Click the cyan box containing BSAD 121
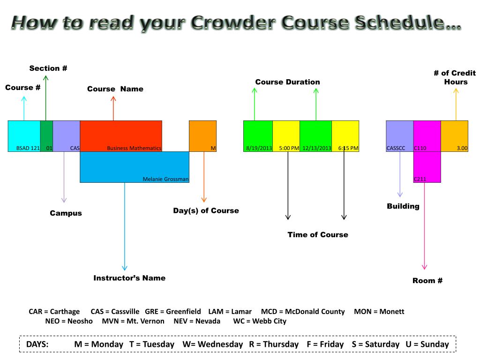click(x=24, y=136)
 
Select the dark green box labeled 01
click(x=46, y=136)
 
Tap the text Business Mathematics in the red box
click(x=134, y=148)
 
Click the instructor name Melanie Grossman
click(x=166, y=179)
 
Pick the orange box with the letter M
click(x=202, y=136)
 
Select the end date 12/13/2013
click(x=316, y=148)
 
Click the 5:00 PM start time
click(x=289, y=148)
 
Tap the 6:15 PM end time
click(x=348, y=148)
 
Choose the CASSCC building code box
click(x=399, y=136)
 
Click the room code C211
click(x=420, y=179)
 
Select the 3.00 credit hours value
click(x=455, y=136)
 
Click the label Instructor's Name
click(x=129, y=278)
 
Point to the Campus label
click(x=66, y=213)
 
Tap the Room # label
click(x=427, y=281)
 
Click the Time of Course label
click(x=318, y=235)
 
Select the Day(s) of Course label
click(x=206, y=211)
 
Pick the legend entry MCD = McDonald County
click(x=303, y=312)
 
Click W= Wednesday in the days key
click(x=213, y=345)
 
